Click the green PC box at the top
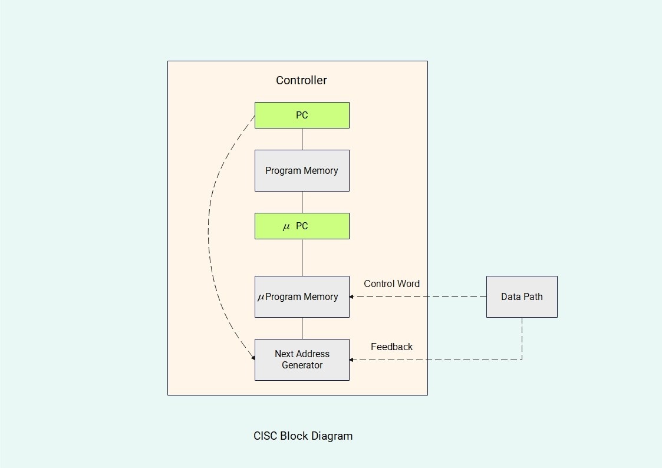coord(302,115)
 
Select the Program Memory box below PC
coord(302,170)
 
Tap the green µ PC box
coord(302,226)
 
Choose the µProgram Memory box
coord(302,296)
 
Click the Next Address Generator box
coord(302,360)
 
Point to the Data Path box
coord(522,296)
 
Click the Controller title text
coord(301,80)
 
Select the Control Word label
coord(391,284)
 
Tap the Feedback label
coord(391,347)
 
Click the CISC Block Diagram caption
coord(303,436)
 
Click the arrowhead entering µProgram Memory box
coord(352,297)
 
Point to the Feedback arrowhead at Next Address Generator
coord(352,360)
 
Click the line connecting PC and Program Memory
coord(302,139)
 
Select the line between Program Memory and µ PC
coord(302,202)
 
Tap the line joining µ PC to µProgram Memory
coord(302,257)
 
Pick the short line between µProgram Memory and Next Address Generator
coord(302,328)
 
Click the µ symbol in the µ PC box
coord(286,227)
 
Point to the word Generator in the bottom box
coord(302,365)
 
